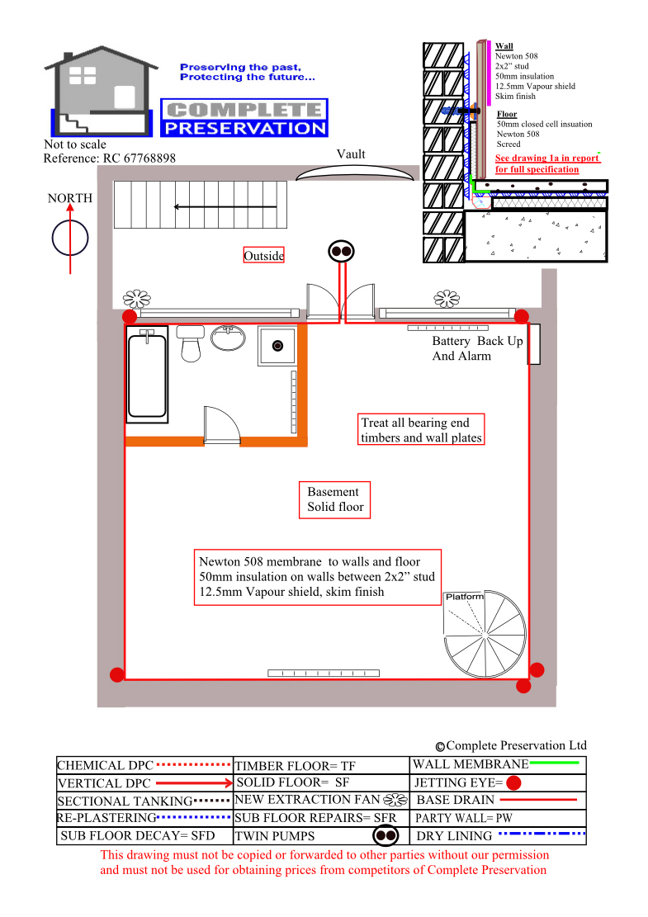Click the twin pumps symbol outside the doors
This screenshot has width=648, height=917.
point(342,252)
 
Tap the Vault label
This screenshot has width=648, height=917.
point(351,154)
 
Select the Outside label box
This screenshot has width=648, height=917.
point(264,256)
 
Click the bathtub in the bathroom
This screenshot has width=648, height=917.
point(147,374)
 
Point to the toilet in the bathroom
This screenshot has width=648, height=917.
point(191,343)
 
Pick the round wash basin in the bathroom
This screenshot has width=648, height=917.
point(228,338)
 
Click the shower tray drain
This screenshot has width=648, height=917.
point(278,346)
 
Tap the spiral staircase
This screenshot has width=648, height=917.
point(485,635)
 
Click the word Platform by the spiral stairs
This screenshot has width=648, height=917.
point(465,597)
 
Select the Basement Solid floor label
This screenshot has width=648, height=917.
point(335,499)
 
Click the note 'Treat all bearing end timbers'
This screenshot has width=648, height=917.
point(421,430)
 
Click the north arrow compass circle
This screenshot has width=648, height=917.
point(70,239)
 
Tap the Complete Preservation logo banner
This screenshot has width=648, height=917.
point(244,117)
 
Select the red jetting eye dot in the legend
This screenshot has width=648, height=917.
point(513,782)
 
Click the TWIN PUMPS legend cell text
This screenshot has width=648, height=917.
point(275,836)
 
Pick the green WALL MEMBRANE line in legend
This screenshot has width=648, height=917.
point(555,763)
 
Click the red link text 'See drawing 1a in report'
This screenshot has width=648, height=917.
point(547,158)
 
